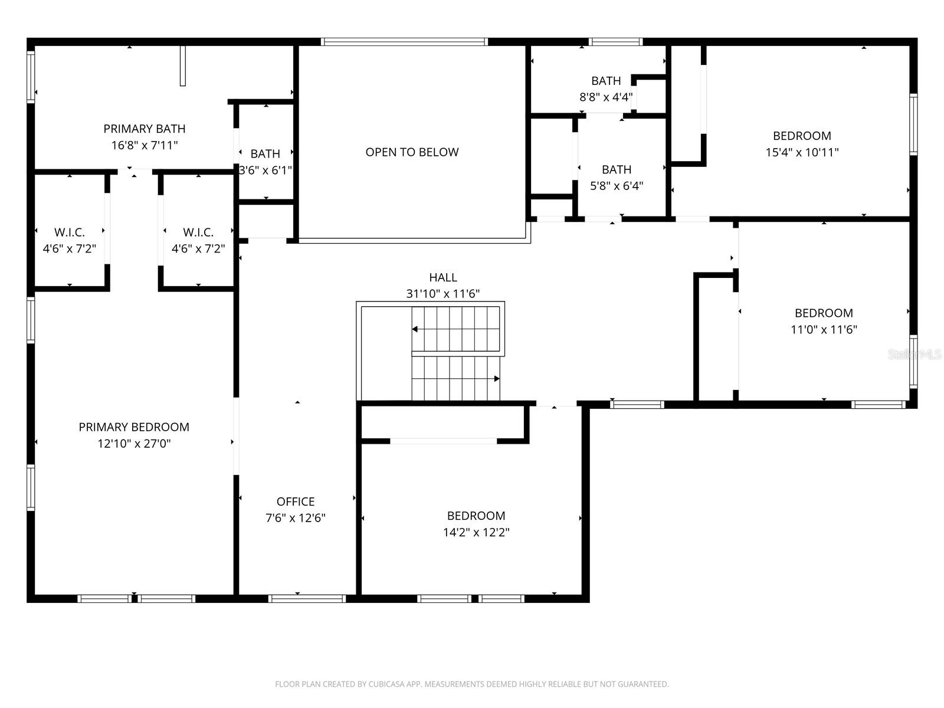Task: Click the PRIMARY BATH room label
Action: (x=145, y=129)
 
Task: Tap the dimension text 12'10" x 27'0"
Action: (x=134, y=444)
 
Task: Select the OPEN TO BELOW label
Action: (x=412, y=152)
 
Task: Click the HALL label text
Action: (x=442, y=277)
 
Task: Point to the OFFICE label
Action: (x=296, y=501)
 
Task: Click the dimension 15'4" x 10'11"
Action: (x=802, y=152)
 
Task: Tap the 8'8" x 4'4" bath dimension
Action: (x=606, y=97)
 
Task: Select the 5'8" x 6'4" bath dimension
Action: (x=617, y=186)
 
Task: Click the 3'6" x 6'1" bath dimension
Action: (x=265, y=171)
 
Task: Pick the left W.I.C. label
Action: (x=70, y=232)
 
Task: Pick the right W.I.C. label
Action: (x=198, y=232)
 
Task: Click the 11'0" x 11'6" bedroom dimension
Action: (x=824, y=330)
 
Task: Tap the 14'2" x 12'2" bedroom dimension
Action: (x=476, y=532)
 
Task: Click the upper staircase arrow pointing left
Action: (x=415, y=329)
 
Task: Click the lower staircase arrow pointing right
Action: (x=497, y=379)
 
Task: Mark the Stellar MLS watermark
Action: (x=914, y=355)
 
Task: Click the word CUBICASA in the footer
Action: (x=386, y=684)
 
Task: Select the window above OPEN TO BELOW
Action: (x=404, y=42)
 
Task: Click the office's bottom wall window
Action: (x=307, y=599)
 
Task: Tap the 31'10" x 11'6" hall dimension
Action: (x=442, y=294)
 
